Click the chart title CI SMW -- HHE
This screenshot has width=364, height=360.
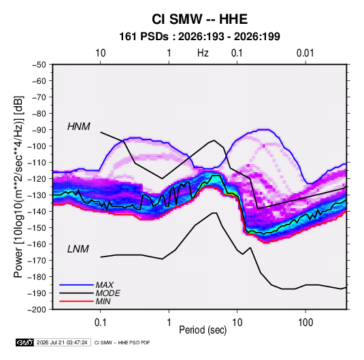tap(199, 19)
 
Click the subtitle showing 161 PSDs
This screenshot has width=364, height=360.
tap(199, 37)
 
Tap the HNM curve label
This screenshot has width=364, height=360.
tap(79, 127)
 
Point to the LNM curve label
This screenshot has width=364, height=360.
tap(78, 249)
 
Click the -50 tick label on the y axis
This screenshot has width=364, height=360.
tap(39, 65)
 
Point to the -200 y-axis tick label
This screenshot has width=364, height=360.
tap(37, 310)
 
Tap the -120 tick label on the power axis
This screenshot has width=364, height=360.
tap(37, 179)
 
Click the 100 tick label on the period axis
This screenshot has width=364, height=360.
tap(305, 323)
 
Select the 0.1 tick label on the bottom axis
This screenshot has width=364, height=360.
tap(100, 323)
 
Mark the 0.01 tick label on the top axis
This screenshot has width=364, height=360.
tap(305, 53)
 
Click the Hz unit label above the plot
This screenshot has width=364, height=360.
tap(203, 53)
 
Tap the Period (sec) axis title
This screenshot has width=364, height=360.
tap(203, 330)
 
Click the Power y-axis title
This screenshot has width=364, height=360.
tap(18, 187)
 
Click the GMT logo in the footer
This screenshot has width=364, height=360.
tap(24, 342)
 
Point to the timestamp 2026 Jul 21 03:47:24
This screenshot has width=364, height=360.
tap(62, 342)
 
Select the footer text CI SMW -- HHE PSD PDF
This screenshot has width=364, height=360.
tap(122, 342)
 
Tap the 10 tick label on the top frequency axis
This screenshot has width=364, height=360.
tap(100, 53)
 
